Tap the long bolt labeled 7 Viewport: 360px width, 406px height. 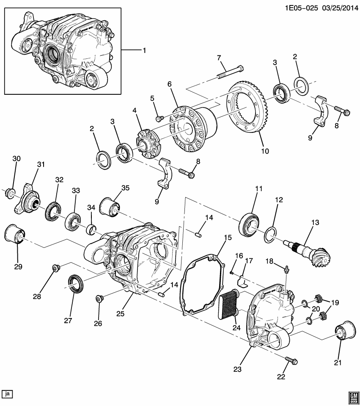pyautogui.click(x=231, y=71)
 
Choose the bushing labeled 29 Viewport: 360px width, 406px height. pyautogui.click(x=16, y=235)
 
